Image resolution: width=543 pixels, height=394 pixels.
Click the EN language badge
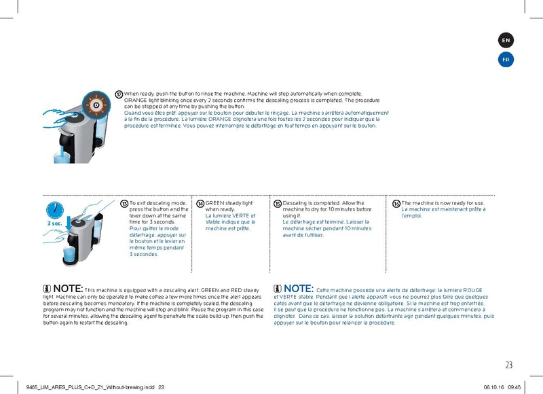506,41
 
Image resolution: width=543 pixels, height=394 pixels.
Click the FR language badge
506,60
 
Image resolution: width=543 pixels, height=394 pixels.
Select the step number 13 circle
124,204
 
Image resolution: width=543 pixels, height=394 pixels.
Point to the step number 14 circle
200,204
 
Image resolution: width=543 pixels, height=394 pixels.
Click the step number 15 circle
277,204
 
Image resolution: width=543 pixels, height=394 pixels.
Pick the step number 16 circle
396,204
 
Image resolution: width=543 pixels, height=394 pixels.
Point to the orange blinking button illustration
96,105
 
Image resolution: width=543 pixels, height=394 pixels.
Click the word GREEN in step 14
215,203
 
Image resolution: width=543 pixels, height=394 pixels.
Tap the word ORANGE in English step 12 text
136,101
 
